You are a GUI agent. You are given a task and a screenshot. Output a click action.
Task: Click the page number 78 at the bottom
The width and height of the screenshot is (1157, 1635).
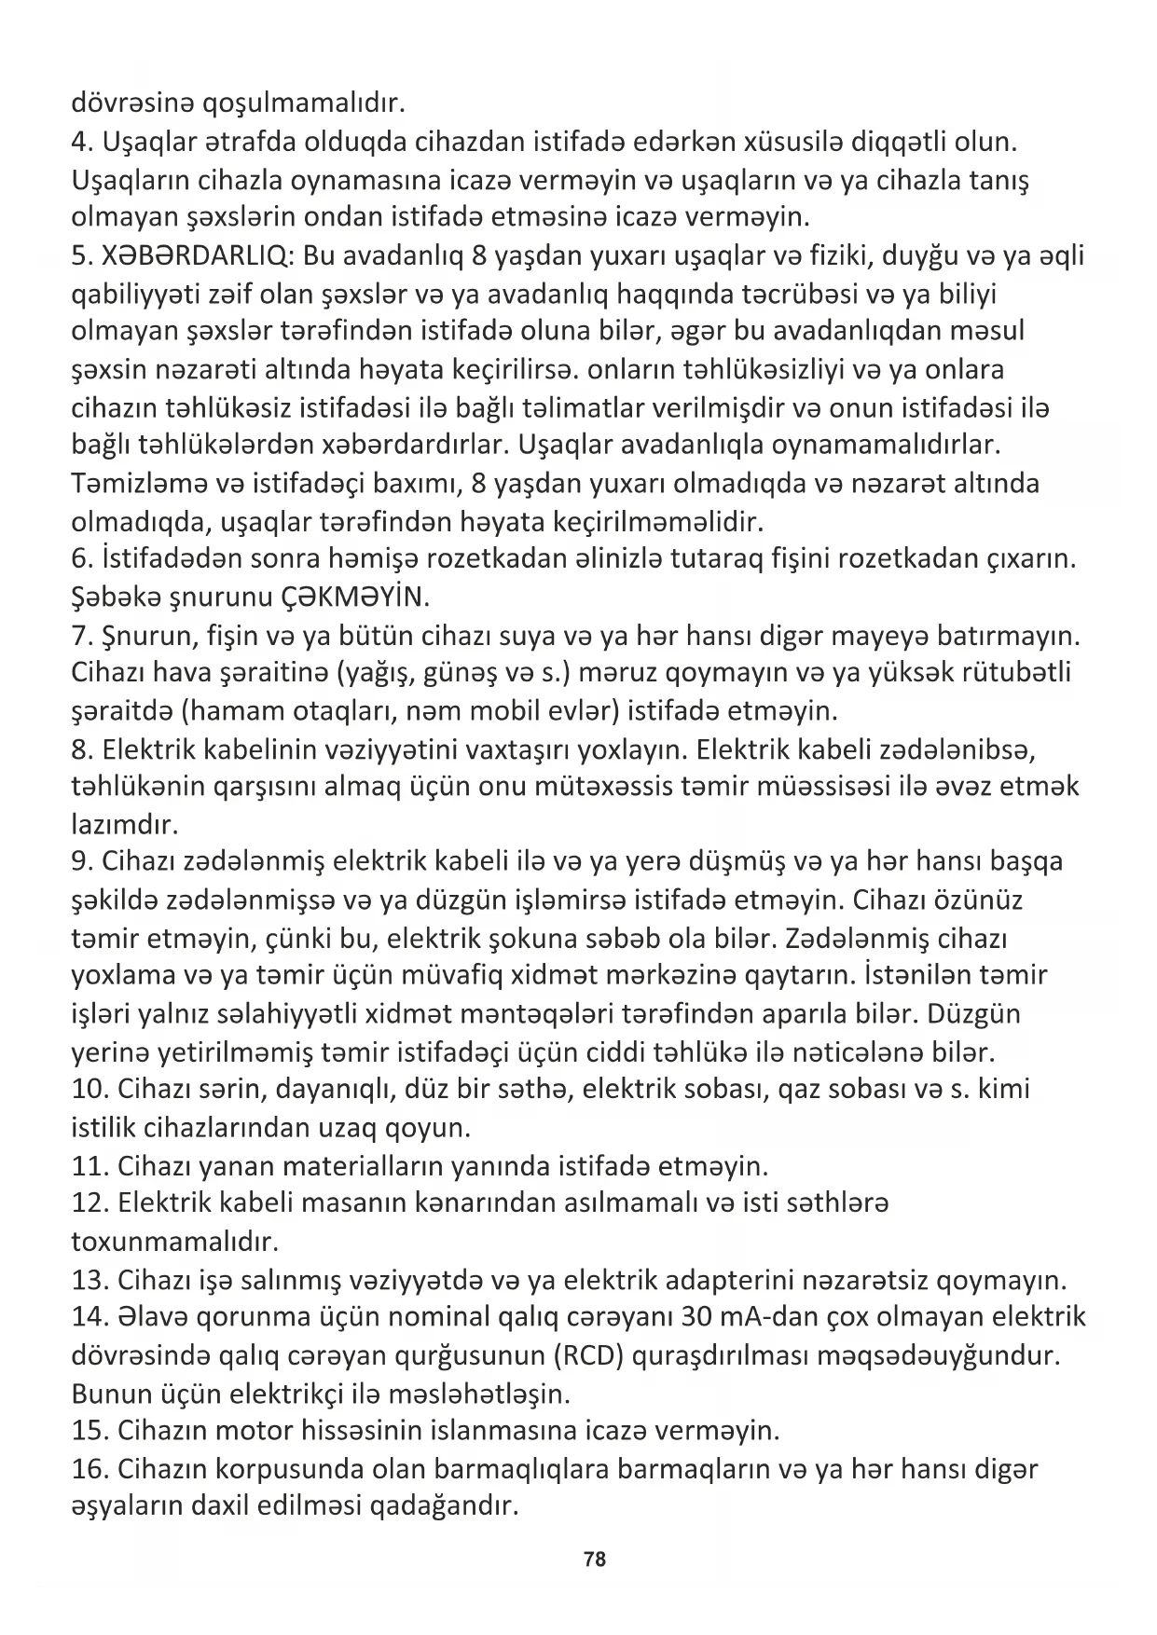click(594, 1559)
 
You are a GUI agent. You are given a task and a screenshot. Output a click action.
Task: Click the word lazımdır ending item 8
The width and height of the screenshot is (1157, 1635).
click(124, 824)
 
